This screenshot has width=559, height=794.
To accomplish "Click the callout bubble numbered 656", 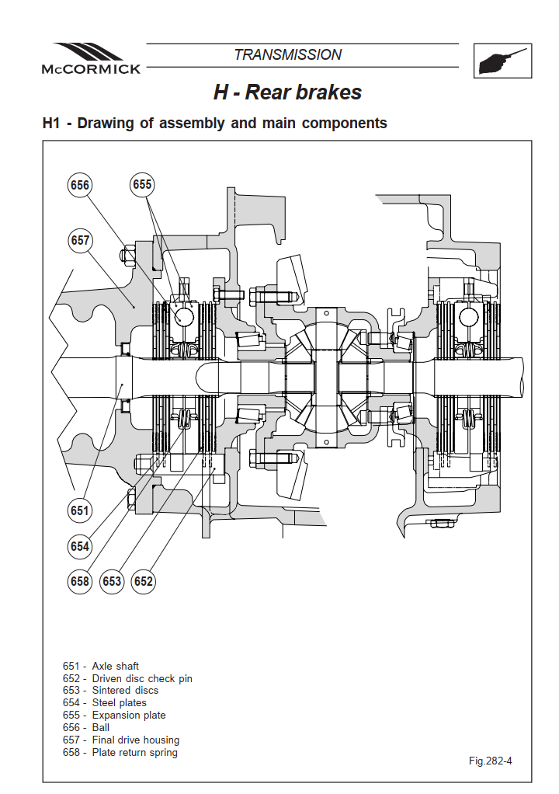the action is pyautogui.click(x=80, y=185).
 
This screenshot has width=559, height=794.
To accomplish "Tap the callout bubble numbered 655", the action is pyautogui.click(x=142, y=184).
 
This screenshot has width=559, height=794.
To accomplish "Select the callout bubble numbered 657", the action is pyautogui.click(x=80, y=240).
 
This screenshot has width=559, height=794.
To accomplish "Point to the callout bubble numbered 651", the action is pyautogui.click(x=80, y=510).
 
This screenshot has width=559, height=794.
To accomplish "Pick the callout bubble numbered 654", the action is pyautogui.click(x=80, y=546).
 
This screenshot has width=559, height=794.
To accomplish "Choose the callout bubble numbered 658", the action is pyautogui.click(x=80, y=581).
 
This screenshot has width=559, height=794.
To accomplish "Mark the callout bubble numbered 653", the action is pyautogui.click(x=112, y=581).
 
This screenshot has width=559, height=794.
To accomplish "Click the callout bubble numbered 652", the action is pyautogui.click(x=143, y=581).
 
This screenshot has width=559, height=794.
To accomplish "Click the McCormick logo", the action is pyautogui.click(x=91, y=59).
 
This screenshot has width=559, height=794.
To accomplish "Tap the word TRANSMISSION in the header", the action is pyautogui.click(x=288, y=54).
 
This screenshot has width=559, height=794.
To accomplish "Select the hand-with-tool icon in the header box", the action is pyautogui.click(x=502, y=61).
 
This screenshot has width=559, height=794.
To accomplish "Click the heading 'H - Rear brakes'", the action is pyautogui.click(x=287, y=92).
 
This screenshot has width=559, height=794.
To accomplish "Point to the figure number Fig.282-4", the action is pyautogui.click(x=490, y=761).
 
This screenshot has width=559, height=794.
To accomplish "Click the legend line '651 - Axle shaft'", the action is pyautogui.click(x=101, y=667).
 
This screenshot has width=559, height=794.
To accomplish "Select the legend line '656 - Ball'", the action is pyautogui.click(x=86, y=728).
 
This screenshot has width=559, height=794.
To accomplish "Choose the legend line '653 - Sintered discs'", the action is pyautogui.click(x=110, y=691).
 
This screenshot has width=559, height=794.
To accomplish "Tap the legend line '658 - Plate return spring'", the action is pyautogui.click(x=120, y=753).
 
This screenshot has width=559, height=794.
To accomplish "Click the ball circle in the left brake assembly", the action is pyautogui.click(x=184, y=317).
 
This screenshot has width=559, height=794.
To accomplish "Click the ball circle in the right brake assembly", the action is pyautogui.click(x=469, y=317).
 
